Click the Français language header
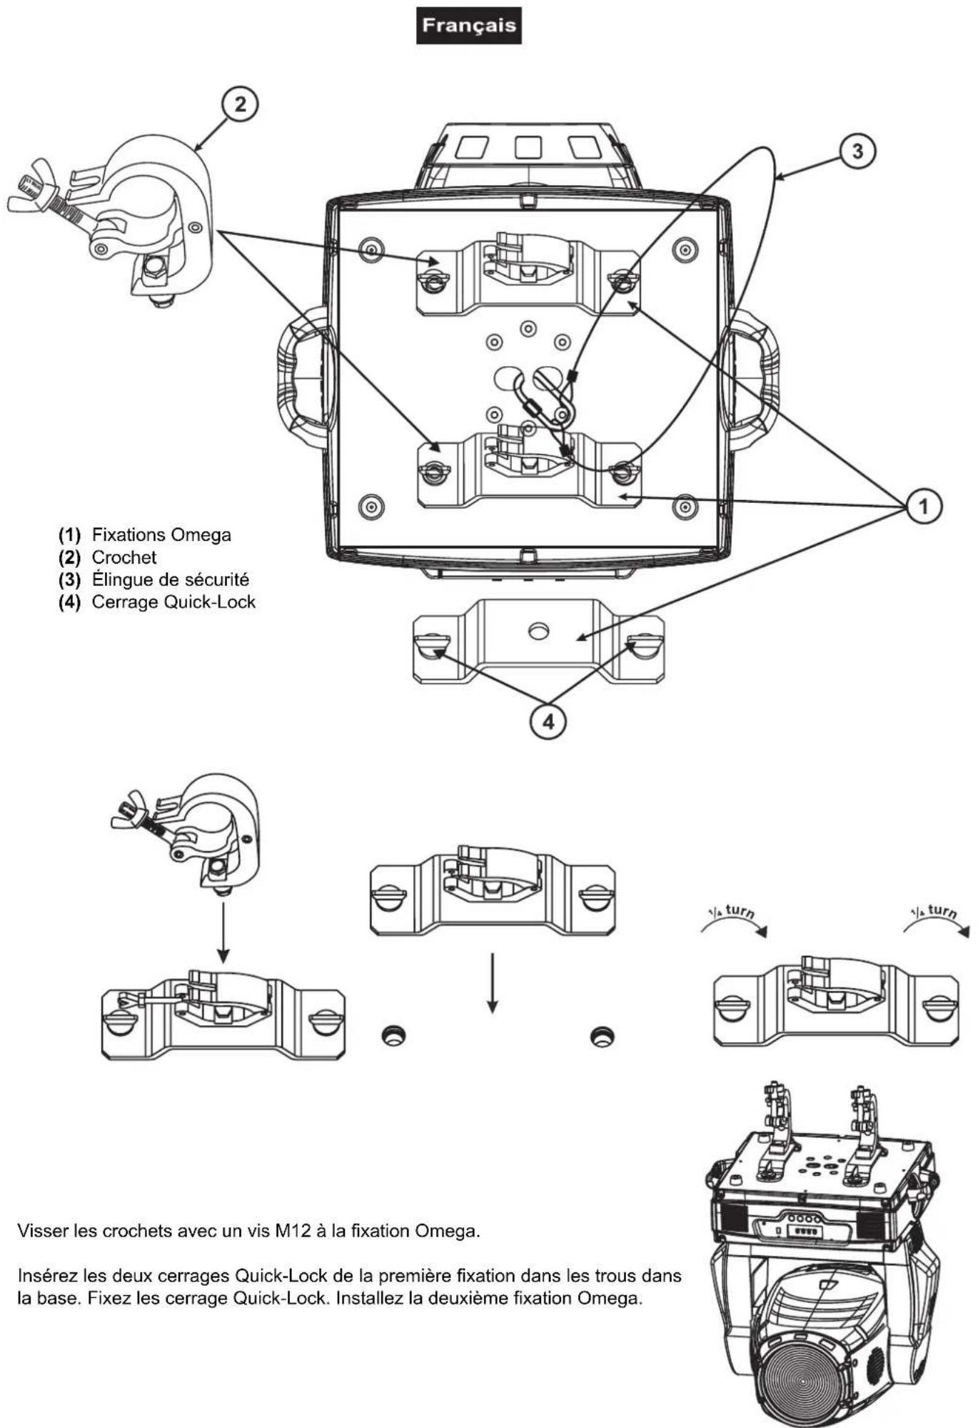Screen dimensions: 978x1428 [x=468, y=26]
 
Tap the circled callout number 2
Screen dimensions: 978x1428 [x=240, y=104]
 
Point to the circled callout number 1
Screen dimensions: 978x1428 [x=923, y=506]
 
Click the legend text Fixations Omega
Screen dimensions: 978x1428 [x=161, y=534]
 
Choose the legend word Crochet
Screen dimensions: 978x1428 [x=124, y=557]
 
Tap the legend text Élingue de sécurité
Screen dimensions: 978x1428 [x=171, y=579]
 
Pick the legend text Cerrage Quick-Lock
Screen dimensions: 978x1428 [x=173, y=601]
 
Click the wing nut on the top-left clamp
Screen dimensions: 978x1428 [x=26, y=187]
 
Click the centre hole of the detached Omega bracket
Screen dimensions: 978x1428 [x=539, y=631]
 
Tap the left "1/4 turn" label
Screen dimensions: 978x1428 [x=731, y=912]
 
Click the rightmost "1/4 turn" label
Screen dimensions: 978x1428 [x=934, y=912]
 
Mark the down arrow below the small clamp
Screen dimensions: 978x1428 [x=223, y=932]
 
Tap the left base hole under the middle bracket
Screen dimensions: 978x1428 [x=392, y=1036]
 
